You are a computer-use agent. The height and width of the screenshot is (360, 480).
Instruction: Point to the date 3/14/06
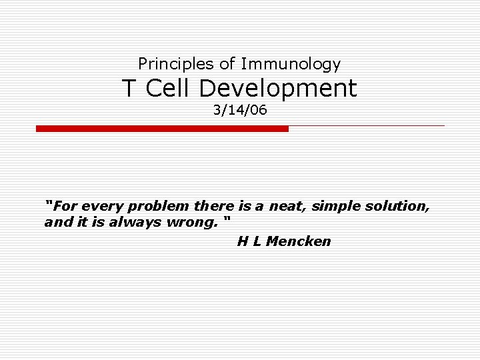coord(240,110)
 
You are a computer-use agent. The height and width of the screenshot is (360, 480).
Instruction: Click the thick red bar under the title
coord(162,129)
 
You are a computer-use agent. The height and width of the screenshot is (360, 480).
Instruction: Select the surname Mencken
coord(298,241)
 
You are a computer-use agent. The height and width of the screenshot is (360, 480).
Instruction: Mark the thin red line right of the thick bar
coord(367,125)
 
